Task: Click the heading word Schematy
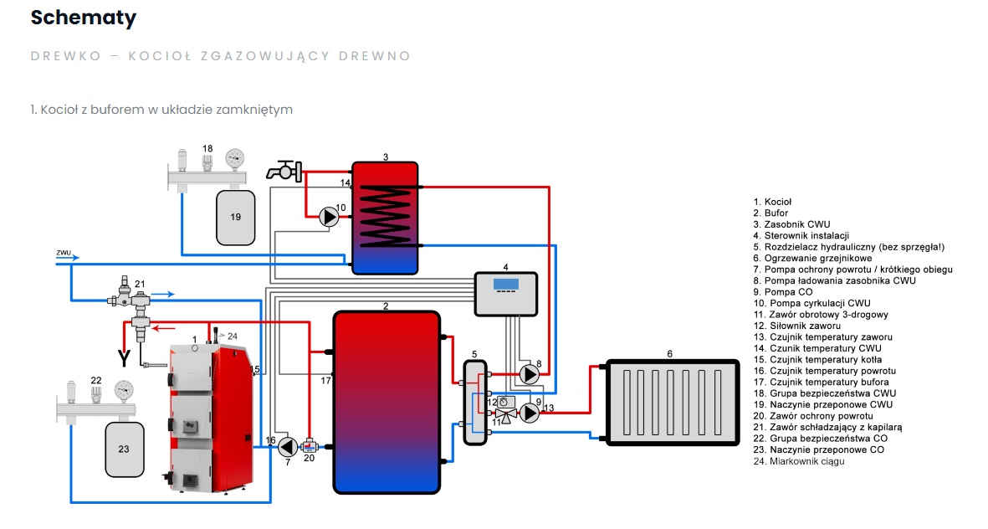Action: (84, 18)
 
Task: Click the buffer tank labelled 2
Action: (386, 402)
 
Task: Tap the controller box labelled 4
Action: (505, 294)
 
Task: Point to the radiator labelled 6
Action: (673, 401)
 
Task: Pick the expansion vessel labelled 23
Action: (124, 449)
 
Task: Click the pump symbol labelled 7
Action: (287, 446)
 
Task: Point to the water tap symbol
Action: (283, 171)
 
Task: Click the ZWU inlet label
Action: (64, 251)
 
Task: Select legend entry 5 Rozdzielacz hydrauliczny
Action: (854, 247)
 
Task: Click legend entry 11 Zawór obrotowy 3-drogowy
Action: (821, 315)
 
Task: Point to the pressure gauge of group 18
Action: (235, 157)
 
